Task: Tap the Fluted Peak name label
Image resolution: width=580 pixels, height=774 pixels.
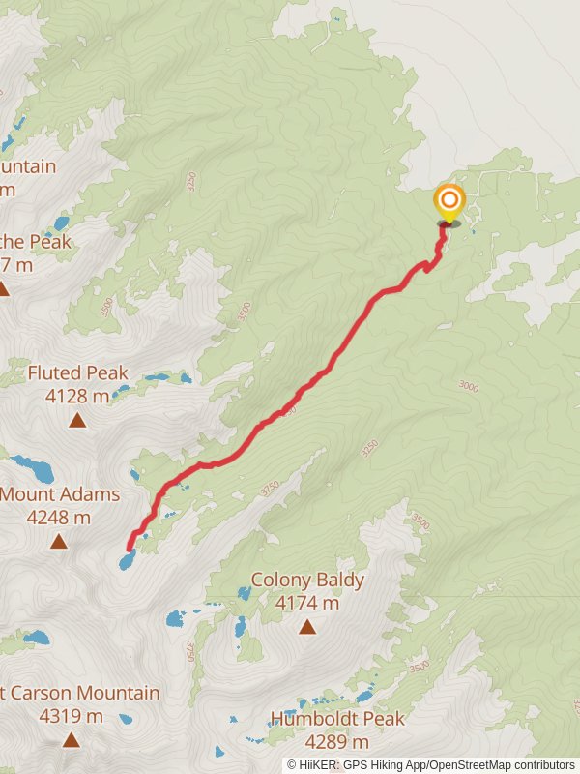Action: (x=77, y=372)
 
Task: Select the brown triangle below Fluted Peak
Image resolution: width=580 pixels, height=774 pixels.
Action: (x=76, y=420)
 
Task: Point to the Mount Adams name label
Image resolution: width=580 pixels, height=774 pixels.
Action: (x=60, y=494)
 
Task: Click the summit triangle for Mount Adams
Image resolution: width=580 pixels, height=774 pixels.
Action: (x=59, y=541)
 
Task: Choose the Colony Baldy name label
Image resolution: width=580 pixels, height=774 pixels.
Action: (x=307, y=580)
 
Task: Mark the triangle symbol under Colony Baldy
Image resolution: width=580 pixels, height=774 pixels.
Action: (x=307, y=627)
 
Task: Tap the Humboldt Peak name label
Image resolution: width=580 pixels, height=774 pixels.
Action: (x=337, y=719)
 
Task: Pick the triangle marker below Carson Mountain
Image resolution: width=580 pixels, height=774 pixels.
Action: (x=71, y=740)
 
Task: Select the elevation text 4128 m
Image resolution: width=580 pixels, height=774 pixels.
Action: (x=77, y=396)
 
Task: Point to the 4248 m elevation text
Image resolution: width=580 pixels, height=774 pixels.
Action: (x=59, y=518)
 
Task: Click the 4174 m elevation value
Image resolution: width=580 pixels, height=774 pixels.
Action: (x=307, y=603)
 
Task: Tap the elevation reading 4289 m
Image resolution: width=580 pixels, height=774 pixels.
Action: (x=336, y=742)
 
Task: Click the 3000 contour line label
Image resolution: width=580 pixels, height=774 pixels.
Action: (x=469, y=387)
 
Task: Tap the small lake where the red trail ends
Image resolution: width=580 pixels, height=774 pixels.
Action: (x=127, y=560)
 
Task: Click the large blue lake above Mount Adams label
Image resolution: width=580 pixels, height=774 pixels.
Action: (x=35, y=471)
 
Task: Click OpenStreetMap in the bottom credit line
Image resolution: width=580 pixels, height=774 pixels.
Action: (x=468, y=764)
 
